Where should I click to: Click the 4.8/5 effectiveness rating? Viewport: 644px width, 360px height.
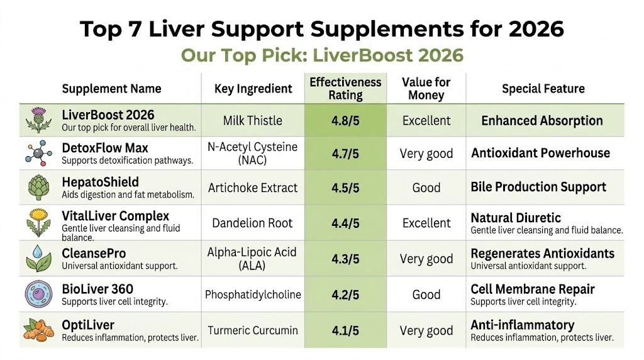pyautogui.click(x=345, y=121)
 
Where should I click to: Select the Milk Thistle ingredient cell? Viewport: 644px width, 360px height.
pyautogui.click(x=253, y=121)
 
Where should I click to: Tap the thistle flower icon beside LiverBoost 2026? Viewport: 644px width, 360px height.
pyautogui.click(x=39, y=120)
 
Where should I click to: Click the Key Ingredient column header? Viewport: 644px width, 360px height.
pyautogui.click(x=253, y=89)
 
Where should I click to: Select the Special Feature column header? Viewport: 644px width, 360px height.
pyautogui.click(x=543, y=89)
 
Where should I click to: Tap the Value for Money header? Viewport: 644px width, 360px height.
pyautogui.click(x=426, y=89)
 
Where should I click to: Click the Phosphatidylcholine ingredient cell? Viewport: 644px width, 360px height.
pyautogui.click(x=253, y=295)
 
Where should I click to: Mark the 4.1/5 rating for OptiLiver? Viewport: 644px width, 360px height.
pyautogui.click(x=345, y=330)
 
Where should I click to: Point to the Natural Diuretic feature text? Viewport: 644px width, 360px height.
pyautogui.click(x=516, y=218)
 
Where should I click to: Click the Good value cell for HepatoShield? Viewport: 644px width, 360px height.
pyautogui.click(x=426, y=188)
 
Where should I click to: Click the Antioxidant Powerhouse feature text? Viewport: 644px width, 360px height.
pyautogui.click(x=540, y=153)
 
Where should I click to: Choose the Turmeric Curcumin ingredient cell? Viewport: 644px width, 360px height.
pyautogui.click(x=253, y=330)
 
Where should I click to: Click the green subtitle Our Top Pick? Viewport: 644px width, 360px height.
pyautogui.click(x=322, y=55)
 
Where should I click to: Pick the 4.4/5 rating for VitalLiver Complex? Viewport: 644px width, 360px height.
pyautogui.click(x=345, y=223)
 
